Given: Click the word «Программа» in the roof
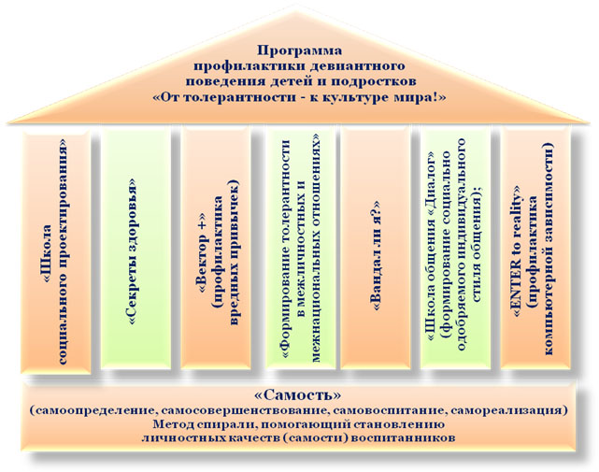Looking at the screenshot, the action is pyautogui.click(x=299, y=50).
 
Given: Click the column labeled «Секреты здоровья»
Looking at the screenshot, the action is pyautogui.click(x=136, y=249).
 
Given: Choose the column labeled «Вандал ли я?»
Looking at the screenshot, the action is pyautogui.click(x=375, y=249).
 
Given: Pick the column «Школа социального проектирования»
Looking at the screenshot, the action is pyautogui.click(x=56, y=250).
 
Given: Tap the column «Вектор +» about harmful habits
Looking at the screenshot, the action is pyautogui.click(x=216, y=249).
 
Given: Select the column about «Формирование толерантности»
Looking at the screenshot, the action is pyautogui.click(x=301, y=249).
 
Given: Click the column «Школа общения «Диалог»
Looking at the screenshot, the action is pyautogui.click(x=455, y=249).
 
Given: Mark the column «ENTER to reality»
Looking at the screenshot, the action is pyautogui.click(x=535, y=249).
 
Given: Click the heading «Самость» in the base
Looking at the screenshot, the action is pyautogui.click(x=297, y=394).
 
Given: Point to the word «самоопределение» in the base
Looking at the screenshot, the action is pyautogui.click(x=93, y=410).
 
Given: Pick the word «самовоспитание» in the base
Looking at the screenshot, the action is pyautogui.click(x=389, y=410).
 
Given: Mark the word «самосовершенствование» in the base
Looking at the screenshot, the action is pyautogui.click(x=246, y=410).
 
